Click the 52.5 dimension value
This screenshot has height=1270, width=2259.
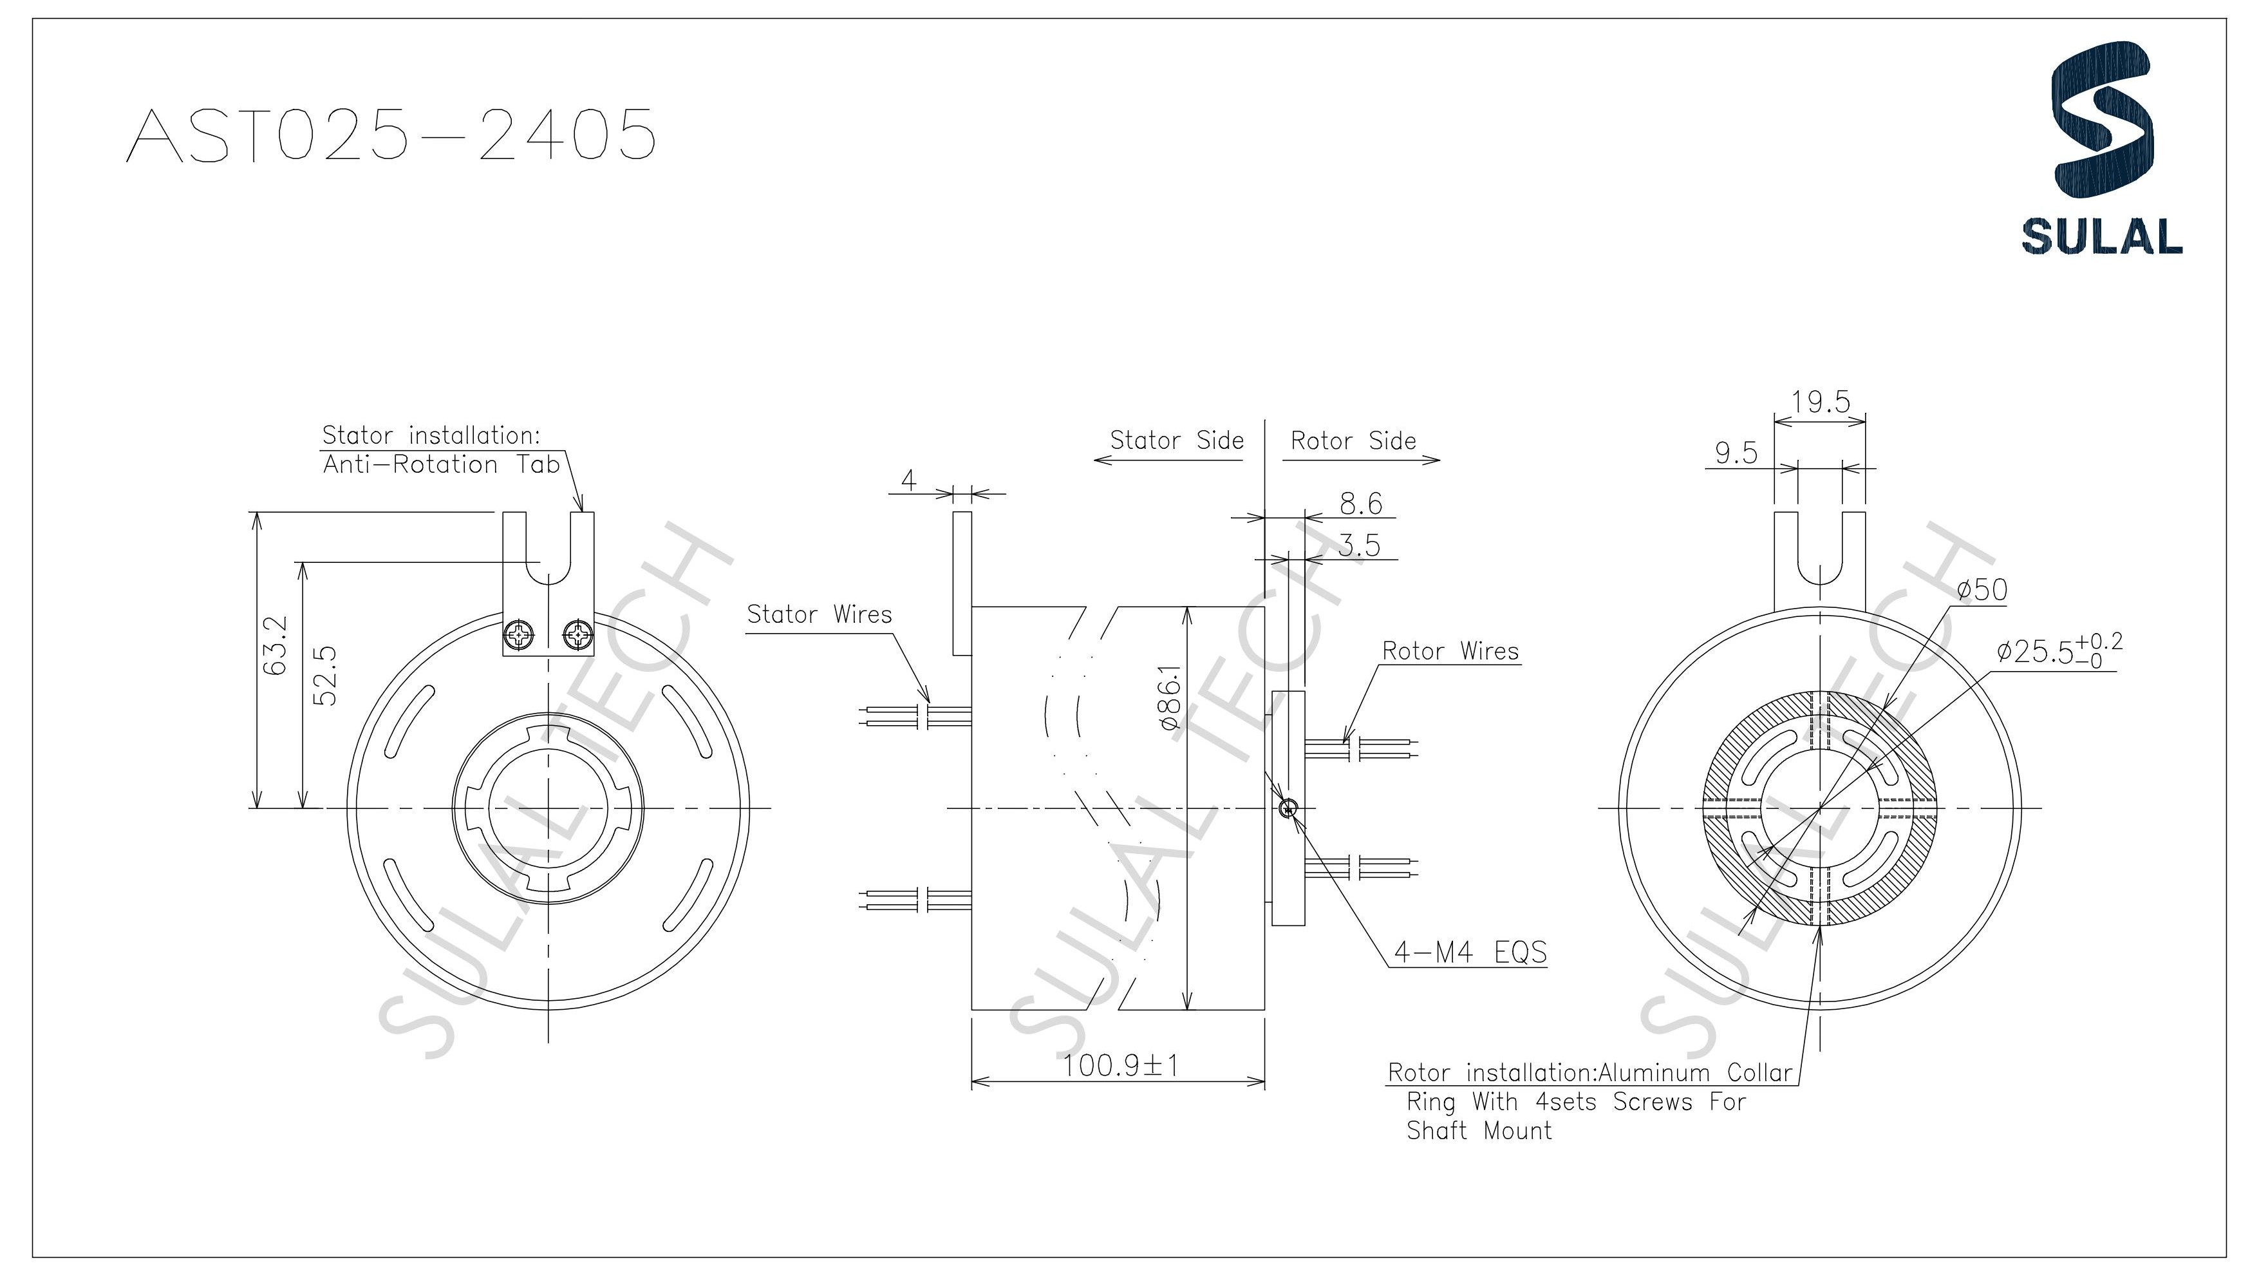[324, 676]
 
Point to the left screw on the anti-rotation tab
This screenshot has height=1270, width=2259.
[519, 634]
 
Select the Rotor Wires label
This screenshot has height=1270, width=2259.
[1450, 652]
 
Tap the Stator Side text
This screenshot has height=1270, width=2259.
[1176, 441]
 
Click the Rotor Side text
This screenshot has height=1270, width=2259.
[1353, 441]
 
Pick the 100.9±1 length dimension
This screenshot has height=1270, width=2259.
[1121, 1066]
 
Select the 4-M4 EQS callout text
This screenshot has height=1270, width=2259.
[1470, 953]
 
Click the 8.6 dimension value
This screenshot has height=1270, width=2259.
[1361, 504]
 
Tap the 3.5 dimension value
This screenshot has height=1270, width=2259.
[1359, 546]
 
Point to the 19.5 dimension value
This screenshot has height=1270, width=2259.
[1820, 403]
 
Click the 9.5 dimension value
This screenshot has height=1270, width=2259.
[1736, 453]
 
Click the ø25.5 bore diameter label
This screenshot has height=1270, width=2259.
[2058, 651]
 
